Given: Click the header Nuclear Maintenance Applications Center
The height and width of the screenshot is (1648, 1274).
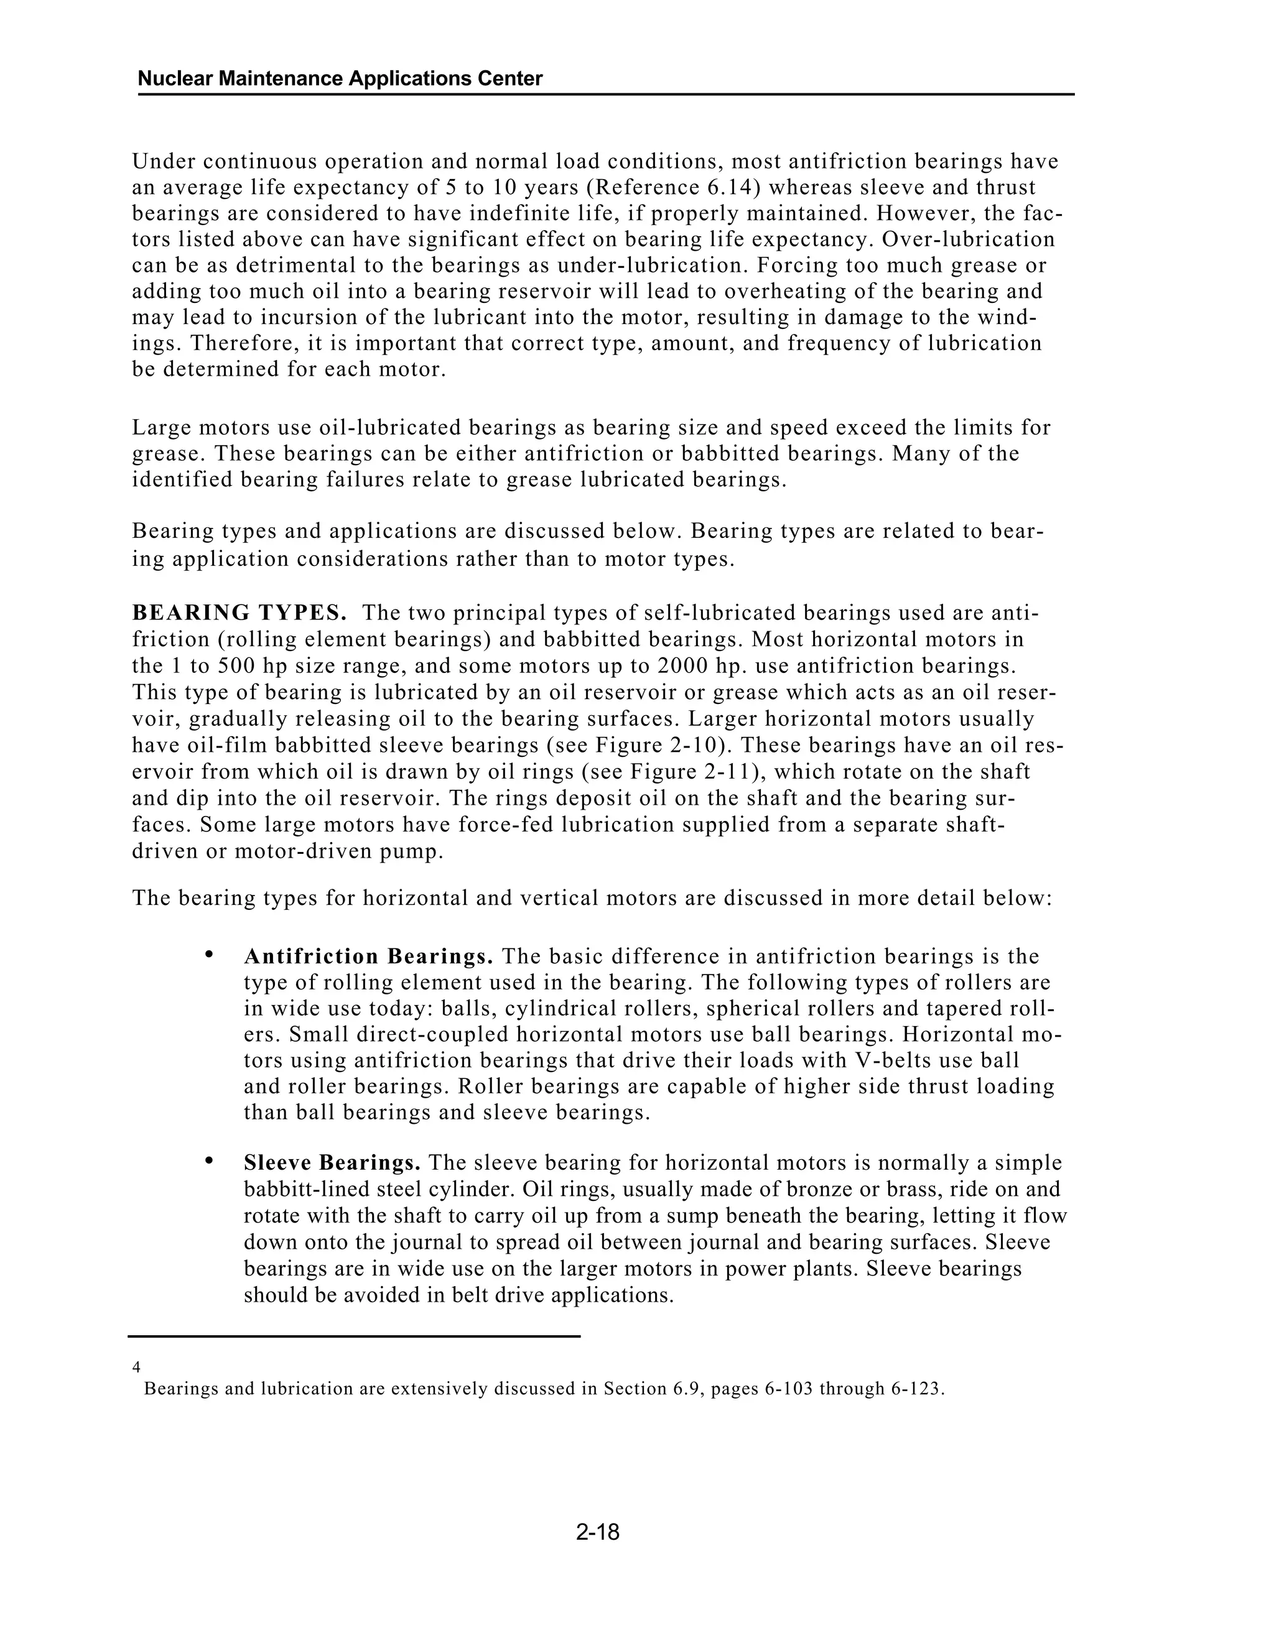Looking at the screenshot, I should [340, 78].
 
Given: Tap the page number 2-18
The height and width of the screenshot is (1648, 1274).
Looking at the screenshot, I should [597, 1532].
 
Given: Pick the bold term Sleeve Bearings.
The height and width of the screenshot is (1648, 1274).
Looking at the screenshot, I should [332, 1162].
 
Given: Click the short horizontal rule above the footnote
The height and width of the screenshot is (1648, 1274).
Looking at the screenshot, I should [353, 1336].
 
